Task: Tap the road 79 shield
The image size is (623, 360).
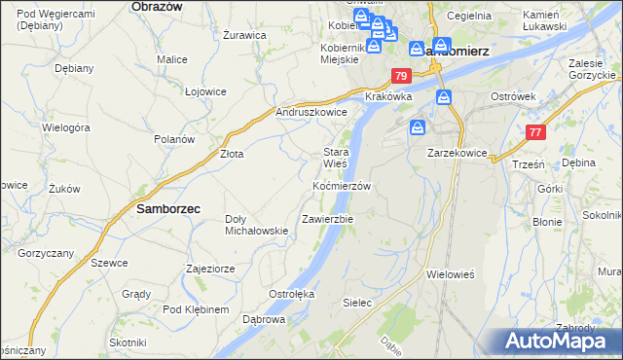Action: [401, 76]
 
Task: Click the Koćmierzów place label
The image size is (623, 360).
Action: [342, 185]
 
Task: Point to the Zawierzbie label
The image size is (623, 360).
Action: [327, 219]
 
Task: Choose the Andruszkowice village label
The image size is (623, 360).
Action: [311, 112]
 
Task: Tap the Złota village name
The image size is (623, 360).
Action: [231, 154]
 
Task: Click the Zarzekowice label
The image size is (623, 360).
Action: [457, 154]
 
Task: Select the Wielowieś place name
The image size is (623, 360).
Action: [450, 274]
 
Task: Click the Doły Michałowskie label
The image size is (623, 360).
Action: [256, 225]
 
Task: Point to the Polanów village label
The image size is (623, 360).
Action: [174, 139]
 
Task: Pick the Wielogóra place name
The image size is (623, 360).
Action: [66, 127]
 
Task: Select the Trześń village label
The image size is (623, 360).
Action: [527, 165]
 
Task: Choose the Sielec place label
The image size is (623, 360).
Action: [357, 303]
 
